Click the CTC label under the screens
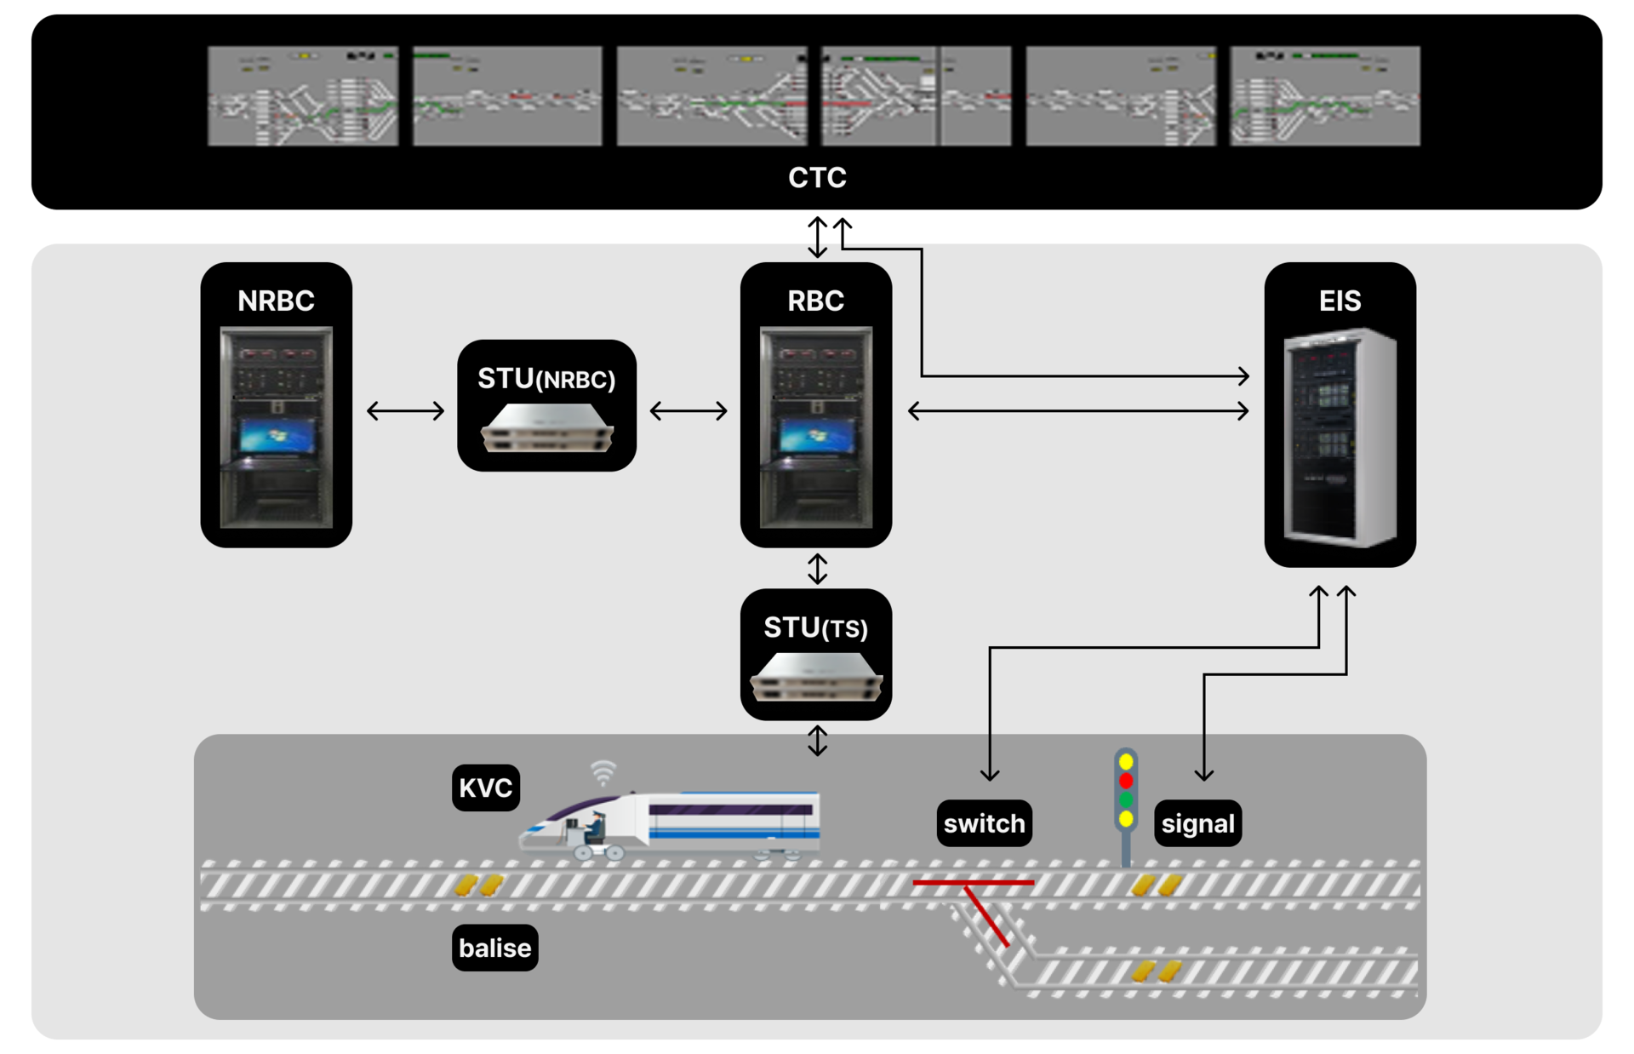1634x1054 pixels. (817, 178)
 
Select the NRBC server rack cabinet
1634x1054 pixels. (276, 427)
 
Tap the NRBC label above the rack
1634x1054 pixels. (276, 301)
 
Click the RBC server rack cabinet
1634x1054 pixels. (815, 427)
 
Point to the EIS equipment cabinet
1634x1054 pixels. (1340, 438)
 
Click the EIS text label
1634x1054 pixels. (1340, 301)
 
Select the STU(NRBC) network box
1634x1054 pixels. (546, 428)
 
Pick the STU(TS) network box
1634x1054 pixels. (815, 678)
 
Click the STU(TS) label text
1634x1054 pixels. (815, 628)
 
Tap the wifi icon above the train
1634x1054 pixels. (603, 773)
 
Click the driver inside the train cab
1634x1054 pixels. (595, 828)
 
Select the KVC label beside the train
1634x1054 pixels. (485, 788)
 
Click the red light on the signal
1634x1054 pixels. (1126, 781)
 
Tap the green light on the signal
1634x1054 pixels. (1126, 800)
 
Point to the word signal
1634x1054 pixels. (1197, 824)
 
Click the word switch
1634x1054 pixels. (984, 824)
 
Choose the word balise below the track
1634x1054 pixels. (494, 948)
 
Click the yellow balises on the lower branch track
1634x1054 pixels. (1157, 971)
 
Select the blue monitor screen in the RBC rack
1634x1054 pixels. (815, 437)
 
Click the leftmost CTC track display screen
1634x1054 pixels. (303, 96)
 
